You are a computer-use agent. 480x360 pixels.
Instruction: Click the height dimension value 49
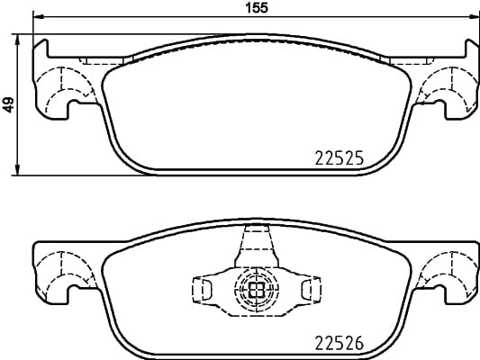pos(8,104)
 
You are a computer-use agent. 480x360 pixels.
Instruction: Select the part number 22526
pos(338,342)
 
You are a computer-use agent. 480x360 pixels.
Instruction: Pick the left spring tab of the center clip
pos(204,289)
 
